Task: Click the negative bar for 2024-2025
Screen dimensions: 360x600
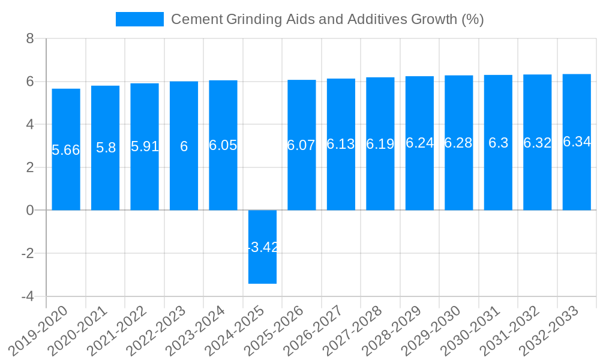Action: point(262,247)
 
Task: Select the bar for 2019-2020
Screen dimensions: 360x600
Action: point(66,149)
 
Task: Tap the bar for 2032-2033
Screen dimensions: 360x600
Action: point(577,142)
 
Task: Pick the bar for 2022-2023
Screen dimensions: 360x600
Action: point(184,146)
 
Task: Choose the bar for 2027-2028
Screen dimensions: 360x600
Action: point(380,144)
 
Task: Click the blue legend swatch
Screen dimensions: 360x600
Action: point(139,19)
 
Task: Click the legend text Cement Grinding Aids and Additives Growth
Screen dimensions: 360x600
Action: point(327,19)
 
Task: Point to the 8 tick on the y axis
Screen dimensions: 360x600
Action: point(29,39)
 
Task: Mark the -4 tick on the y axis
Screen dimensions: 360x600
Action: point(27,296)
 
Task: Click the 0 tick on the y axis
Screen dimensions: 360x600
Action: point(29,211)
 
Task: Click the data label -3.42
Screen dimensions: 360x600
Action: point(262,247)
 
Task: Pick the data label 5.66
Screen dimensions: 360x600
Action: point(66,150)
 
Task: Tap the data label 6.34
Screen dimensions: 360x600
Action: point(577,142)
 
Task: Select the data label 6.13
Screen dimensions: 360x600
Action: point(341,144)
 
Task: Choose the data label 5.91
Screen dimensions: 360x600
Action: point(145,146)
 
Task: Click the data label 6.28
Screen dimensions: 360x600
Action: point(458,143)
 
